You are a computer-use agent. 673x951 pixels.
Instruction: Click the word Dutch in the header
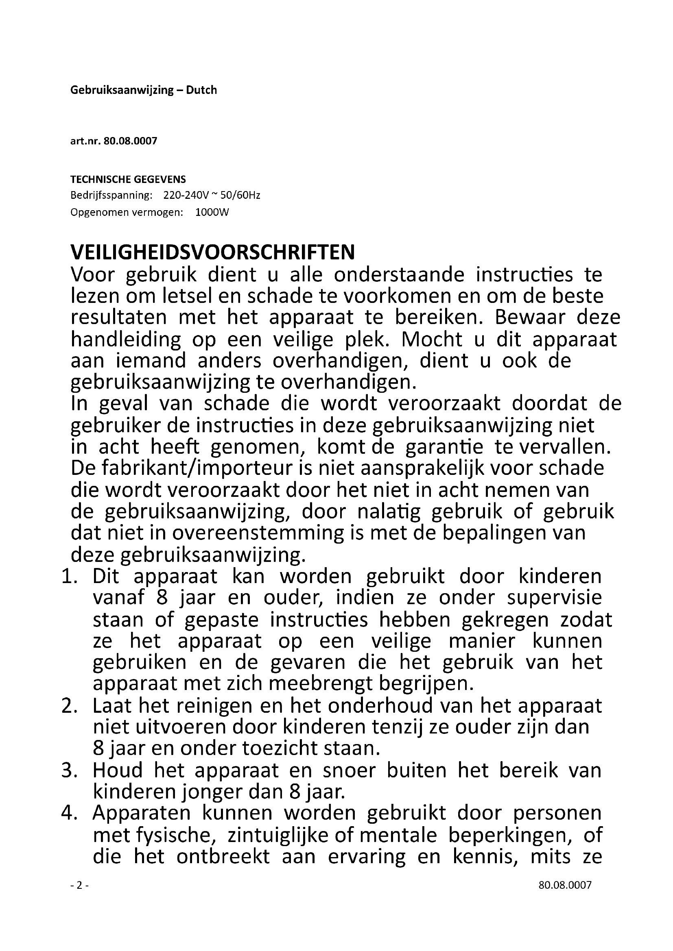201,90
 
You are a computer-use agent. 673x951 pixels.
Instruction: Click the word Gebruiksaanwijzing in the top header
122,90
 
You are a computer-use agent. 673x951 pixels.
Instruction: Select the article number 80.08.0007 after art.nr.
130,141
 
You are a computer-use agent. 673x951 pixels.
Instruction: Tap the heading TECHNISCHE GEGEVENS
128,179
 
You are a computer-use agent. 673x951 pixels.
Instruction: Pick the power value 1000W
212,213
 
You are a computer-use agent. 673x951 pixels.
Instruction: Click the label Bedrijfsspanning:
111,195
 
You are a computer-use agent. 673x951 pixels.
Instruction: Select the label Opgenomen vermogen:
127,213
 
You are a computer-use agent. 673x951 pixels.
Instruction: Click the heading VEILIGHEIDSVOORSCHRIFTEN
212,252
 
